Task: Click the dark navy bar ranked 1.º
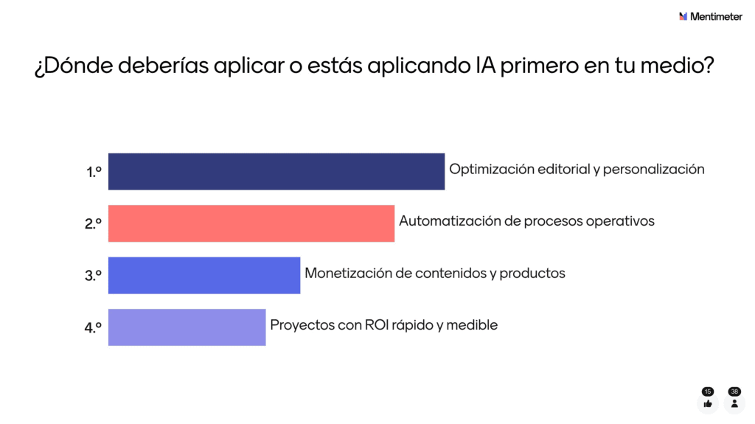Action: (276, 172)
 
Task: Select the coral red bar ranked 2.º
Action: (251, 223)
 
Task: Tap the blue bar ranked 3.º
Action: (204, 275)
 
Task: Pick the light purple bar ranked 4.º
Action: (187, 327)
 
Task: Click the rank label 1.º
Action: (94, 173)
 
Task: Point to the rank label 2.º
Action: (94, 224)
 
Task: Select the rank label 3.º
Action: (94, 276)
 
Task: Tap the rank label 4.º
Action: (94, 327)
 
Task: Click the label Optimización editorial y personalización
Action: (577, 169)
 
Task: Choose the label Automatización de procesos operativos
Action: (526, 220)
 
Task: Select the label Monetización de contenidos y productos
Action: (435, 273)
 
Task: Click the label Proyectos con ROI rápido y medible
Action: (384, 324)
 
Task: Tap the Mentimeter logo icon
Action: (683, 16)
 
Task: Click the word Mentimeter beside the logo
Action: (717, 16)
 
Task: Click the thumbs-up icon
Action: (708, 403)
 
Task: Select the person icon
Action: (734, 403)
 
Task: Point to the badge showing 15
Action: (708, 392)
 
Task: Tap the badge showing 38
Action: (734, 392)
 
